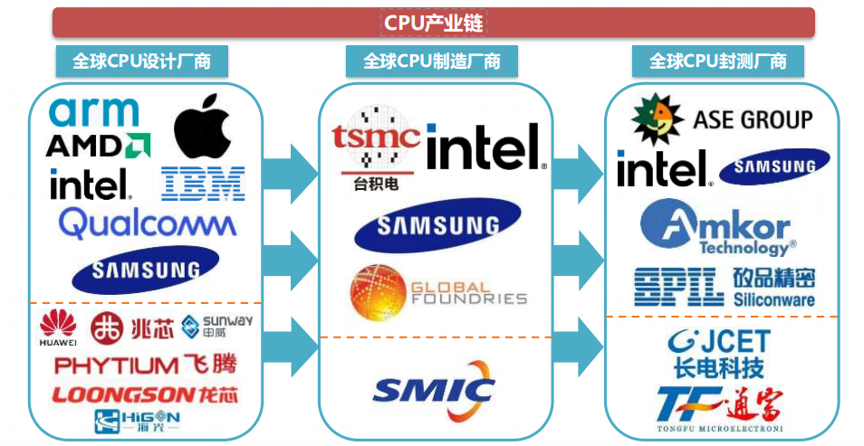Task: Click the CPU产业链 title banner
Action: click(x=433, y=22)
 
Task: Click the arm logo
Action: click(x=94, y=112)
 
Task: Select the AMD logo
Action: click(x=97, y=145)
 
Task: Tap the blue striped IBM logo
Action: click(x=203, y=183)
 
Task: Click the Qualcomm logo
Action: click(x=147, y=223)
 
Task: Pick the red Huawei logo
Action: click(x=58, y=328)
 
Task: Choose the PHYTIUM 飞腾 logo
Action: click(x=145, y=365)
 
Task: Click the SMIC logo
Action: click(x=434, y=391)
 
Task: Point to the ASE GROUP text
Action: click(x=752, y=119)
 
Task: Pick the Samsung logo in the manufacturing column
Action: click(x=437, y=225)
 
